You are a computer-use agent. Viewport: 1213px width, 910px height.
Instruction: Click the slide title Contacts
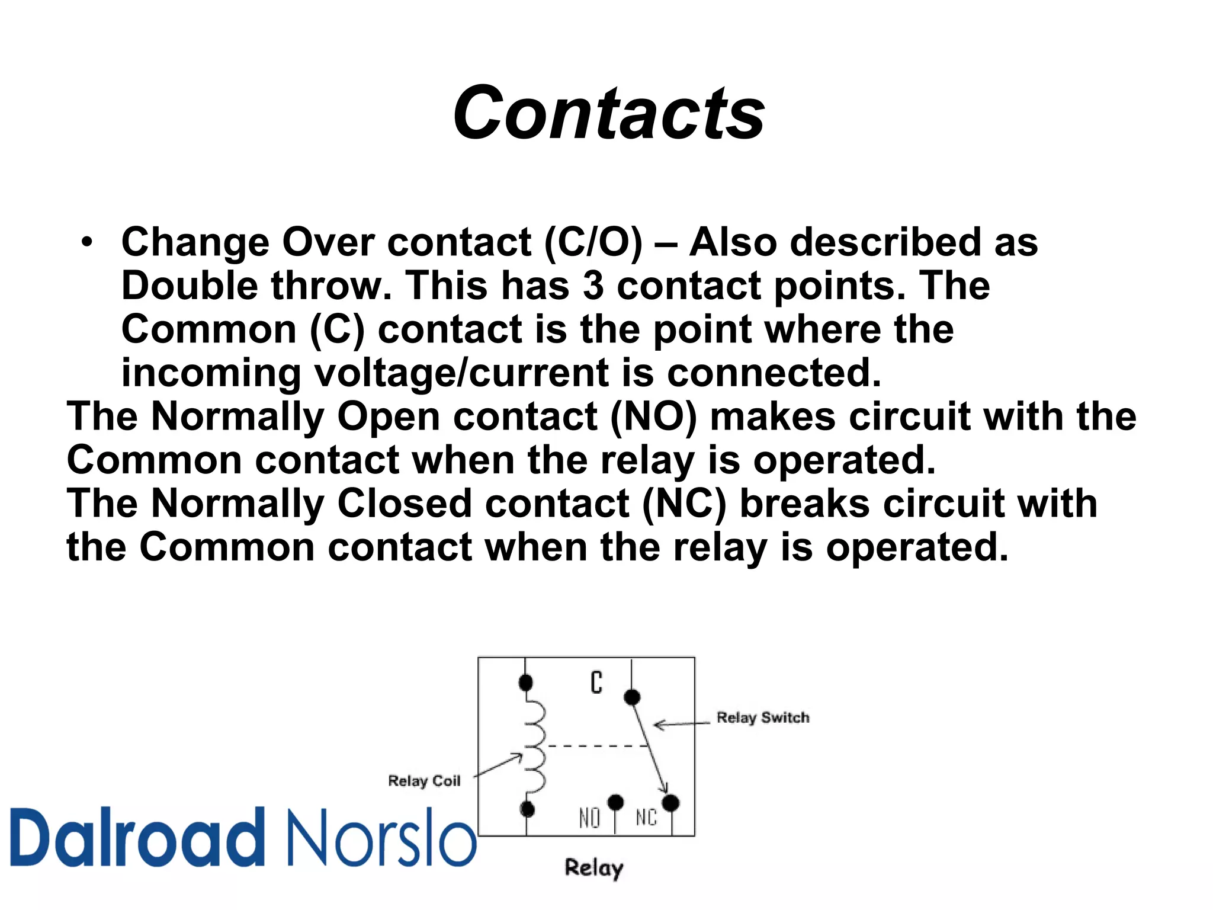(608, 113)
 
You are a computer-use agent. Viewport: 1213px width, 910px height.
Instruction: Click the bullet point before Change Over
(87, 243)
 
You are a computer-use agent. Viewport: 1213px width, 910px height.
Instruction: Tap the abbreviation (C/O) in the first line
(593, 243)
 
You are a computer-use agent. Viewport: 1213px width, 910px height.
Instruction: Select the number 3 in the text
(593, 286)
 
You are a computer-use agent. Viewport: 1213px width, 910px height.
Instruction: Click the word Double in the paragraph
(189, 286)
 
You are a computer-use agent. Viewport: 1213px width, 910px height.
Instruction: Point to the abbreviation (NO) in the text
(653, 416)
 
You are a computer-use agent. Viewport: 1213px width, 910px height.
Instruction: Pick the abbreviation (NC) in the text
(684, 504)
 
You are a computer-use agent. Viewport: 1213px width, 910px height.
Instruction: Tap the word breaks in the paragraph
(805, 504)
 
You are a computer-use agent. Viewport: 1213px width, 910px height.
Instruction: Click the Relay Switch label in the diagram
(762, 717)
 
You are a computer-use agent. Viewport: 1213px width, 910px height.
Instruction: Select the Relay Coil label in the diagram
(424, 781)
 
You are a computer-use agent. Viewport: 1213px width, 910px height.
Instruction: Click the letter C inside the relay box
(596, 682)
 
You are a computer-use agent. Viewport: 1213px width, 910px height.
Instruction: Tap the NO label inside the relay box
(589, 818)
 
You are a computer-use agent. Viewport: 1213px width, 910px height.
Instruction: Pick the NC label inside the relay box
(646, 818)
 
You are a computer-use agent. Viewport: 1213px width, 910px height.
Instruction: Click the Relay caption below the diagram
(593, 868)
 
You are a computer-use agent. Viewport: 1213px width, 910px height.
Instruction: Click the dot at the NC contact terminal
(670, 803)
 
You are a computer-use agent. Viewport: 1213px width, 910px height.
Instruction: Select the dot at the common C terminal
(632, 697)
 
